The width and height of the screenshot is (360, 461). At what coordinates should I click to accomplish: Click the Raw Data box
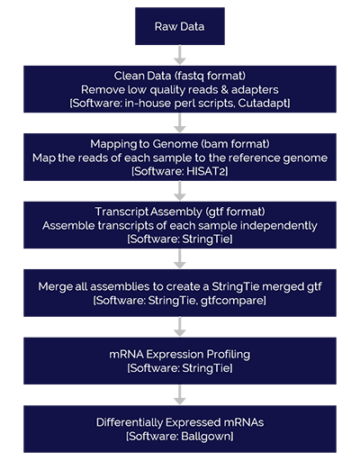(x=180, y=26)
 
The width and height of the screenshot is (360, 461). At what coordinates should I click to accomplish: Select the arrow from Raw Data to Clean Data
(x=180, y=55)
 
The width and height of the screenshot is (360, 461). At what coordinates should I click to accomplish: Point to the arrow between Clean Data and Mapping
(x=180, y=122)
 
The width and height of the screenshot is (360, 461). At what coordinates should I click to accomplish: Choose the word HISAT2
(x=205, y=171)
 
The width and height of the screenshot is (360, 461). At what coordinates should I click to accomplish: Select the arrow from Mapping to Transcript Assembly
(x=180, y=191)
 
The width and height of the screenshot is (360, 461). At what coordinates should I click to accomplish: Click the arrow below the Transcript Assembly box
(x=180, y=258)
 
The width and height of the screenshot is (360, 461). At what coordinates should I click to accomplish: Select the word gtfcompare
(x=231, y=301)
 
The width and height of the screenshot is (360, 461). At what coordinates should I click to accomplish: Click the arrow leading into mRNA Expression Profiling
(x=180, y=327)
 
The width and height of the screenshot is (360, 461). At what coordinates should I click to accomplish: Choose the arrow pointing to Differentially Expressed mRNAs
(x=180, y=394)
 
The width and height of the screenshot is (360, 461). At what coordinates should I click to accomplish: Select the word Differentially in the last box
(x=130, y=422)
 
